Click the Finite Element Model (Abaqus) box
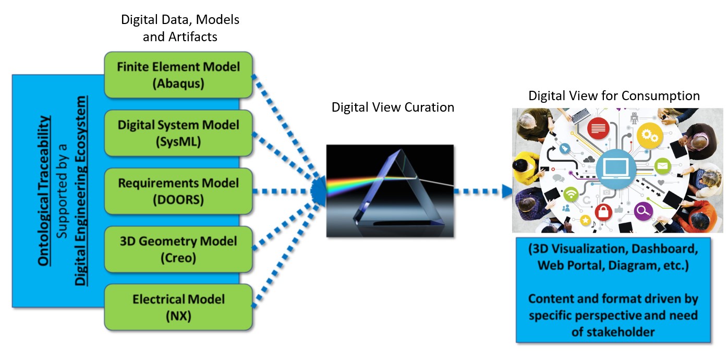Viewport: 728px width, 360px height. click(x=178, y=75)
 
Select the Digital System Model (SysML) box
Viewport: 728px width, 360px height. click(x=178, y=133)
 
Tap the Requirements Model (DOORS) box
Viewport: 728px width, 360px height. click(x=178, y=191)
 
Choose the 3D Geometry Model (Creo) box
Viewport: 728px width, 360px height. click(x=178, y=249)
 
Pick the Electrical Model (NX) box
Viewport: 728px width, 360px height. click(x=178, y=307)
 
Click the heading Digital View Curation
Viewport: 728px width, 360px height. click(x=393, y=107)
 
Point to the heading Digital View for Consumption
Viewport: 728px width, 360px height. click(x=614, y=96)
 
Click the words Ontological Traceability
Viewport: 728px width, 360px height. click(x=44, y=191)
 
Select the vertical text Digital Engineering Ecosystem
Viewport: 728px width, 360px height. click(x=80, y=191)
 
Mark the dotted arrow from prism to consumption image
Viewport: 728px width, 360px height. click(x=483, y=191)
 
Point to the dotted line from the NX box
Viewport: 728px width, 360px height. click(x=286, y=254)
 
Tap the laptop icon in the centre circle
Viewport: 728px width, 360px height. click(x=615, y=169)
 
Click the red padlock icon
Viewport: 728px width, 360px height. click(x=603, y=212)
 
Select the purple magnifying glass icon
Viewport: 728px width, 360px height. click(x=643, y=211)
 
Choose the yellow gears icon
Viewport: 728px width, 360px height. click(x=649, y=136)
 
